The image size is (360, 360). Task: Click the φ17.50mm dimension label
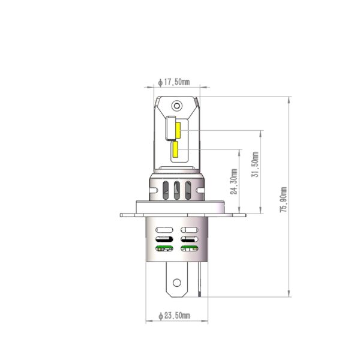173,82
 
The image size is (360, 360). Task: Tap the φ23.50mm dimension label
173,316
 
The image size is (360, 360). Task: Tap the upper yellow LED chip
179,129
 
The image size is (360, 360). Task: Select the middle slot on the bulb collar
177,191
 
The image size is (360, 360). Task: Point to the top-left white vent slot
164,230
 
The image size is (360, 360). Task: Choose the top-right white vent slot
189,230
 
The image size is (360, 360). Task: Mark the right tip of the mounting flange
244,214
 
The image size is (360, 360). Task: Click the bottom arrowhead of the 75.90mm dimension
290,295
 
